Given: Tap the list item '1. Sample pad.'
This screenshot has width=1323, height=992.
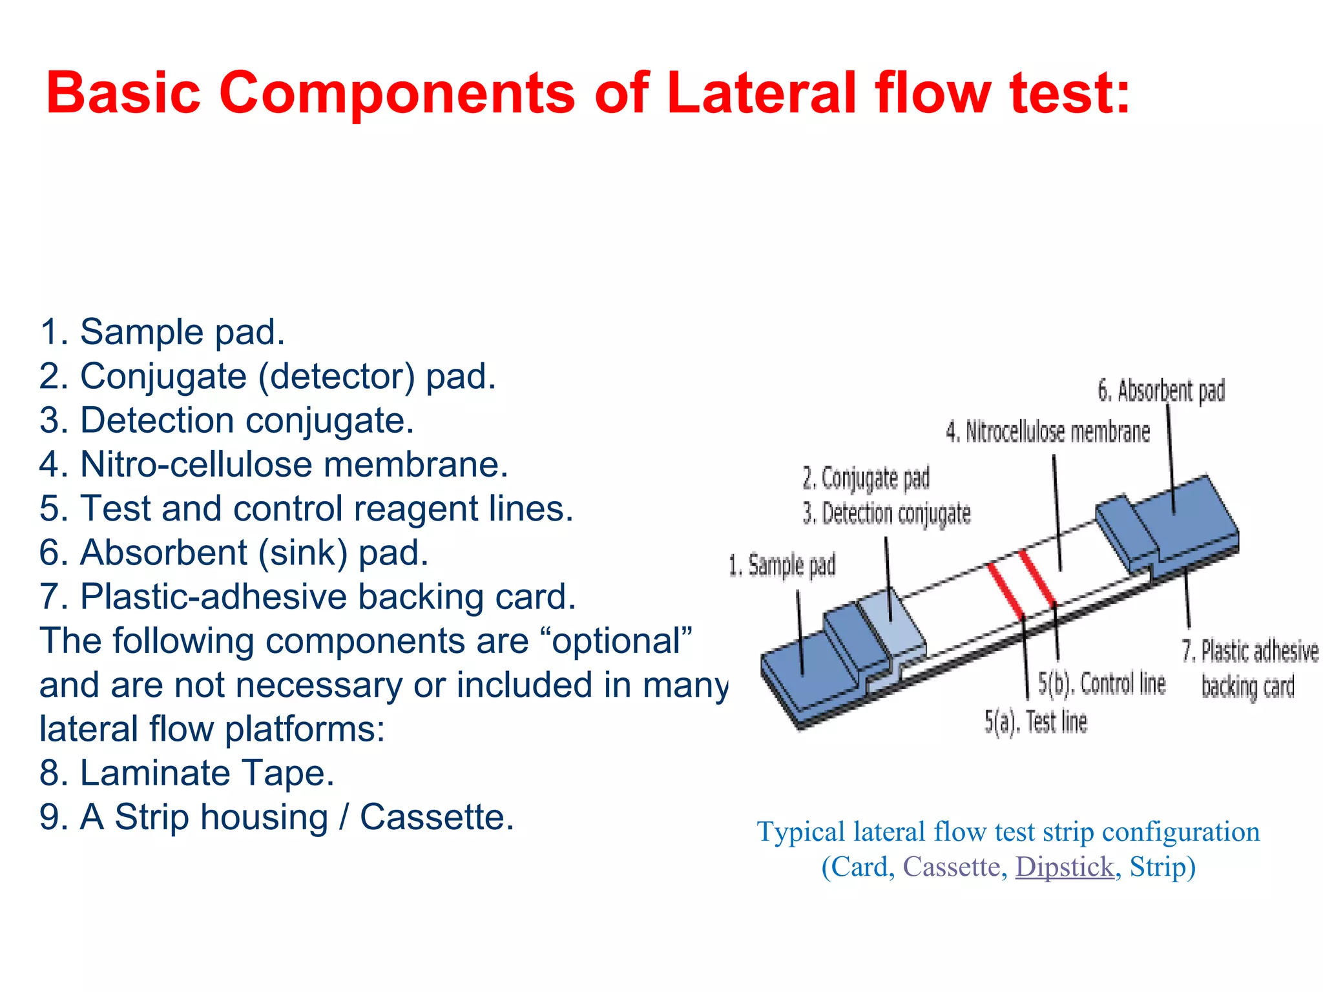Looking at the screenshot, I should pyautogui.click(x=162, y=332).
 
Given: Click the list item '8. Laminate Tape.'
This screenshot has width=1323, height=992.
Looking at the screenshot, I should pyautogui.click(x=187, y=773).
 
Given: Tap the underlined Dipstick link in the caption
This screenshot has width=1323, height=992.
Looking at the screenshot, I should pyautogui.click(x=1065, y=867).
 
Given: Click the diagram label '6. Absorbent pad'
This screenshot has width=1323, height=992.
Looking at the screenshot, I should pyautogui.click(x=1161, y=391).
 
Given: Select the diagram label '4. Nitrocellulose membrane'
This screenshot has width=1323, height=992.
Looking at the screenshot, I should pyautogui.click(x=1048, y=432).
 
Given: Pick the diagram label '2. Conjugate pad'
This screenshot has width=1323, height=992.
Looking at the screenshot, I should pyautogui.click(x=866, y=479).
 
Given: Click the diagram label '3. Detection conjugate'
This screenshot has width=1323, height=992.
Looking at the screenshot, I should pyautogui.click(x=886, y=514).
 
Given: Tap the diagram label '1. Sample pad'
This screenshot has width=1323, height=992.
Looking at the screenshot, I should pyautogui.click(x=782, y=566).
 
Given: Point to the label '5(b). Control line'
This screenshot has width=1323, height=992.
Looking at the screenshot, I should pyautogui.click(x=1101, y=683).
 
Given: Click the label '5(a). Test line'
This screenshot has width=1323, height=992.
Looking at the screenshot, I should pyautogui.click(x=1036, y=721).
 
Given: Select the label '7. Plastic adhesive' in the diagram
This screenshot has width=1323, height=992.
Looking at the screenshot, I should pyautogui.click(x=1250, y=651).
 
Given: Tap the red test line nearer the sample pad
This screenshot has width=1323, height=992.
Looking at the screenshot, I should pyautogui.click(x=1006, y=590).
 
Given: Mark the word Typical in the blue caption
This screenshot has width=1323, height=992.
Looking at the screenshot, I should pyautogui.click(x=800, y=832).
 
